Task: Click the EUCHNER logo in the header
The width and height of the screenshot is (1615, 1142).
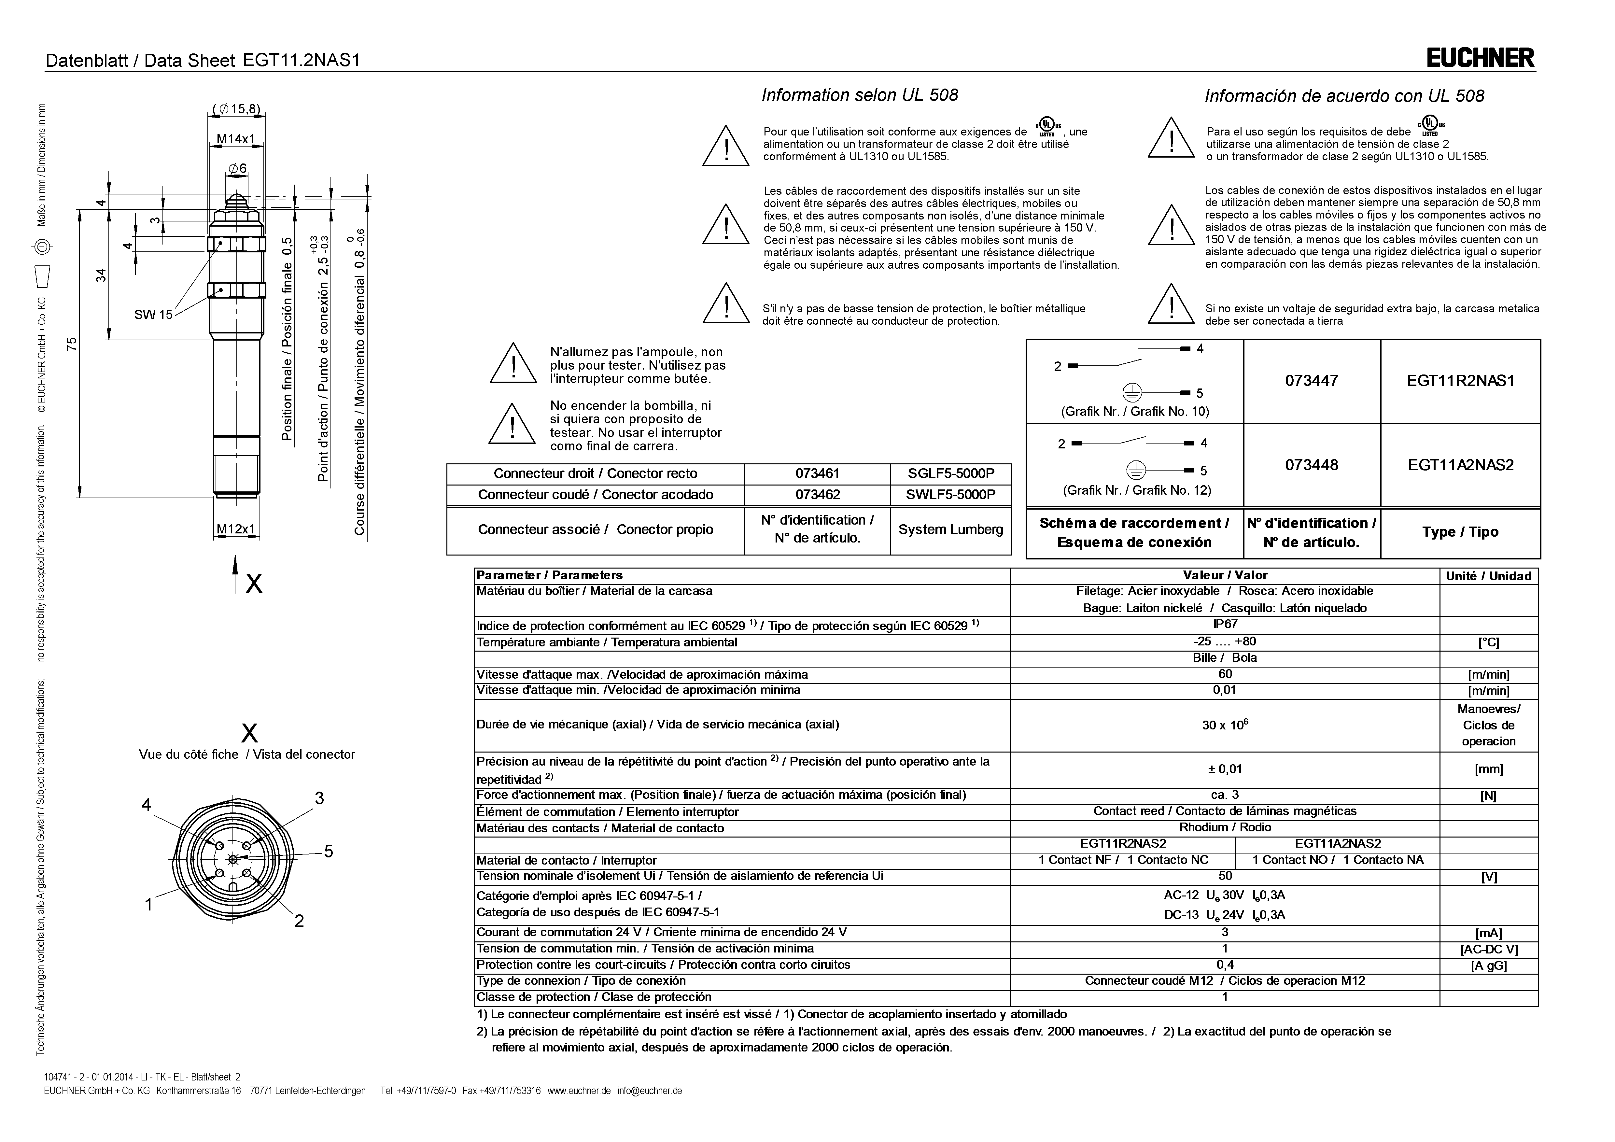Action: pos(1480,58)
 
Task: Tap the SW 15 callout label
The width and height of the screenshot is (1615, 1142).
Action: pos(153,315)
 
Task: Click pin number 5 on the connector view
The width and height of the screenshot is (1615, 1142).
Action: pos(328,852)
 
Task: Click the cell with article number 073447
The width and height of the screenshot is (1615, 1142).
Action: pos(1311,381)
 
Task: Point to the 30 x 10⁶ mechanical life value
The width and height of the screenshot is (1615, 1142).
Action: pos(1225,725)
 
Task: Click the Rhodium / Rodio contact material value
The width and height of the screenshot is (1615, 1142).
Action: pos(1225,827)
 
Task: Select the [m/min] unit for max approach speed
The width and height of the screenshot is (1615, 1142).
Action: pos(1488,675)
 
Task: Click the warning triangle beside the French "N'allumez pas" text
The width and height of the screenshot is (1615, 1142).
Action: pos(513,364)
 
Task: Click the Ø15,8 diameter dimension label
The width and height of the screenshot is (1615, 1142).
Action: pos(236,109)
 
